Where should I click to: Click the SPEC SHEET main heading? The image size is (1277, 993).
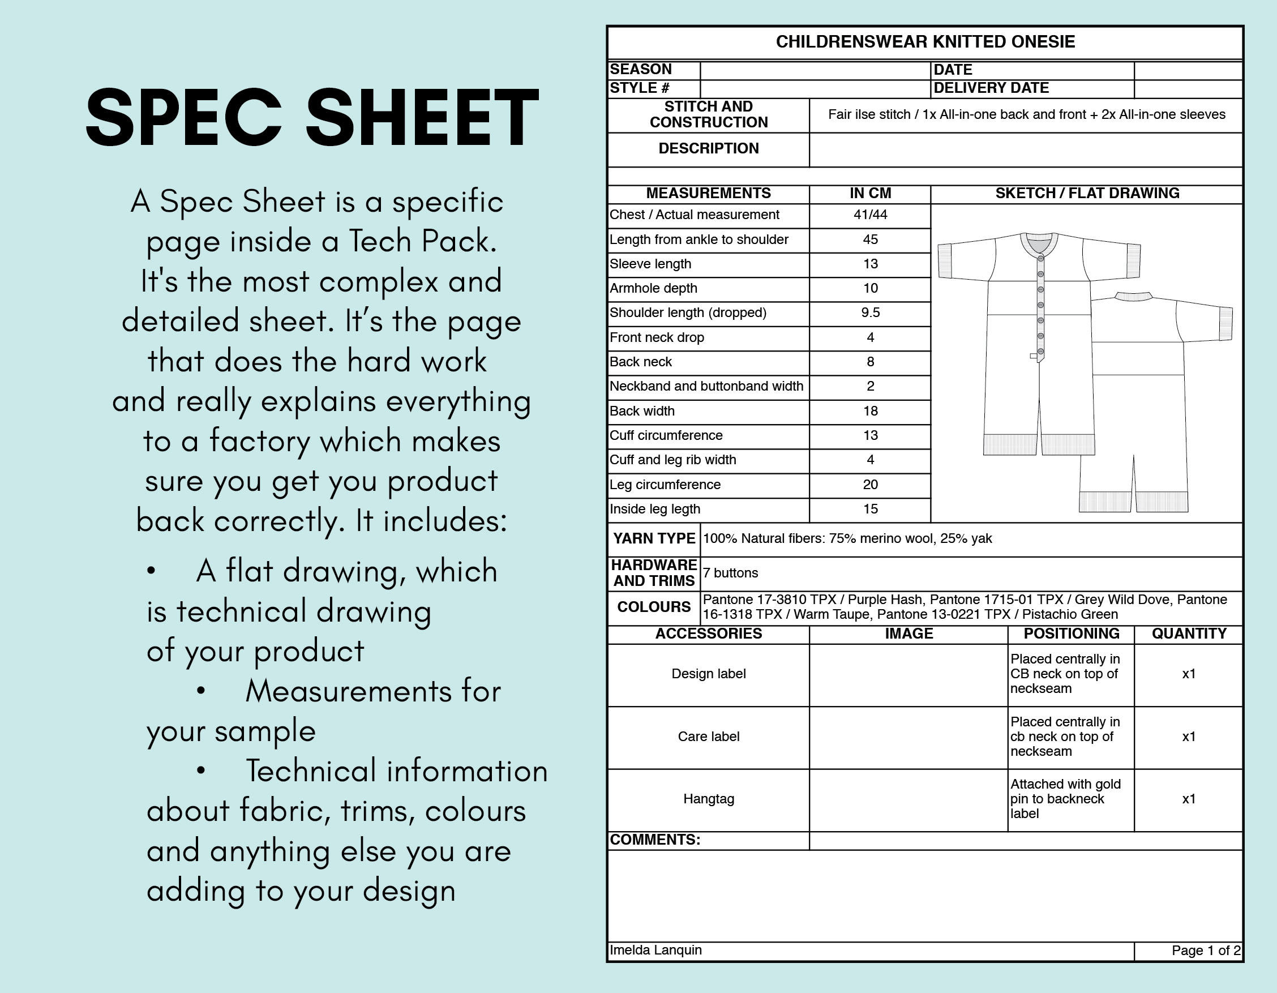[x=312, y=117]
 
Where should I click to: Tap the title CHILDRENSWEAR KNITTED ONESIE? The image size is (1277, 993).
[x=925, y=42]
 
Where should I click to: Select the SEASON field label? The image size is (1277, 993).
[x=641, y=70]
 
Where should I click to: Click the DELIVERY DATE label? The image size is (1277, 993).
[x=991, y=88]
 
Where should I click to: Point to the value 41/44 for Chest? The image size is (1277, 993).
[x=870, y=215]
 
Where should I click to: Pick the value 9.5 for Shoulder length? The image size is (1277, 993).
[x=870, y=313]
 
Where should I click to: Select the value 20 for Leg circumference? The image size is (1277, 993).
[x=870, y=485]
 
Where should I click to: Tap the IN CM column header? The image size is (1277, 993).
[x=870, y=194]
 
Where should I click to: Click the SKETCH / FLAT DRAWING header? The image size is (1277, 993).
[x=1087, y=194]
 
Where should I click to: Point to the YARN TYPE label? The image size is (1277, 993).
[x=654, y=538]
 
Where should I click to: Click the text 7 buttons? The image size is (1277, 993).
[x=730, y=573]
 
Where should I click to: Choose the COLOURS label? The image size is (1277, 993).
[x=654, y=607]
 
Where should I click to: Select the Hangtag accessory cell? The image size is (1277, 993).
[x=709, y=799]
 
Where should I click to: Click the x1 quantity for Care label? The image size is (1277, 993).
[x=1188, y=737]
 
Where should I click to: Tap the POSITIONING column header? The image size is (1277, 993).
[x=1071, y=634]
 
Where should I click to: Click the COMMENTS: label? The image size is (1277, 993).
[x=655, y=840]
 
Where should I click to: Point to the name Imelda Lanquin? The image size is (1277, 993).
[x=655, y=951]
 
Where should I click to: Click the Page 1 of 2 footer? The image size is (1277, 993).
[x=1206, y=951]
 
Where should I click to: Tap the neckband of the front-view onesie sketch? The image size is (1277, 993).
[x=1039, y=246]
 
